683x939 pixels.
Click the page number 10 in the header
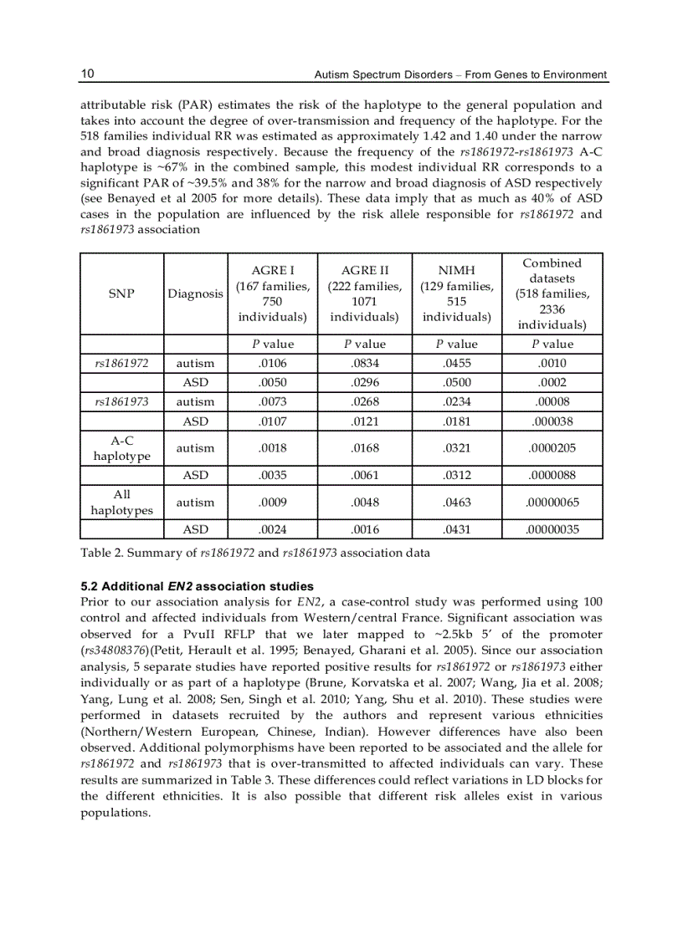point(87,74)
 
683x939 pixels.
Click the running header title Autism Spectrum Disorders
point(459,75)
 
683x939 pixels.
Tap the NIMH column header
point(456,293)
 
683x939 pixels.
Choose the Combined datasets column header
point(552,293)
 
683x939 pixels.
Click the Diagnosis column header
point(196,293)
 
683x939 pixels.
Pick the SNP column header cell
point(122,293)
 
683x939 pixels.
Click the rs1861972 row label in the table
point(122,363)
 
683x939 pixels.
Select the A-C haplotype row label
point(122,448)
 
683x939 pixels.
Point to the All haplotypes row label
point(122,503)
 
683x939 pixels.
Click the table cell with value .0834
point(365,363)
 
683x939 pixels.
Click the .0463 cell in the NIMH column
point(456,503)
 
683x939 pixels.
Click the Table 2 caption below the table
point(255,553)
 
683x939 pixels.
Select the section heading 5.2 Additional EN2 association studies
point(197,585)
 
